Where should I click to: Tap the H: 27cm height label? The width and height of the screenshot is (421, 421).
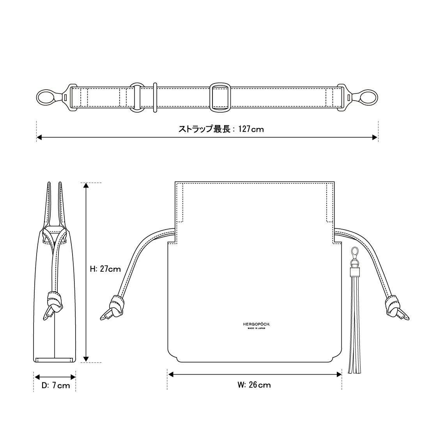(x=105, y=269)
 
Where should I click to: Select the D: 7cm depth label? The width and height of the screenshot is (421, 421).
(x=56, y=386)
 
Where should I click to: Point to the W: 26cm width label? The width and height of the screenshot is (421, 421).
(x=254, y=385)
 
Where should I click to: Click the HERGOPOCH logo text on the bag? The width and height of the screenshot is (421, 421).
(x=256, y=324)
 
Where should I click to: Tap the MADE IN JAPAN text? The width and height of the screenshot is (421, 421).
(x=256, y=328)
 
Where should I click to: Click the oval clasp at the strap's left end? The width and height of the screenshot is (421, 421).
(x=45, y=97)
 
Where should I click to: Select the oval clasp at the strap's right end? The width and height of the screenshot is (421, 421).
(x=368, y=97)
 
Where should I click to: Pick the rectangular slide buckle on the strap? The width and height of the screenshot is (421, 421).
(x=220, y=97)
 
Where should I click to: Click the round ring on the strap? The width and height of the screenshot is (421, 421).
(x=137, y=97)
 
